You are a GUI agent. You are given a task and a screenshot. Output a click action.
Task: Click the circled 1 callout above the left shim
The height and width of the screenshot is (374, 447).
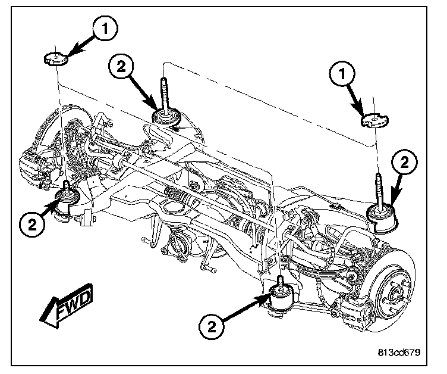click(105, 29)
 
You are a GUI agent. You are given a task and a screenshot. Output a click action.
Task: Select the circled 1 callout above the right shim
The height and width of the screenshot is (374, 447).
click(342, 74)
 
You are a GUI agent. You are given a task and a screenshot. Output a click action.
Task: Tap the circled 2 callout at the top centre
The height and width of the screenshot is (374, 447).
click(121, 67)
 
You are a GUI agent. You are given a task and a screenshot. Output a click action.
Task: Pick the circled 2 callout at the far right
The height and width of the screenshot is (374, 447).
click(404, 163)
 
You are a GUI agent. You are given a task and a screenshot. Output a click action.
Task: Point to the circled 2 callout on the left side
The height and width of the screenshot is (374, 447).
click(32, 225)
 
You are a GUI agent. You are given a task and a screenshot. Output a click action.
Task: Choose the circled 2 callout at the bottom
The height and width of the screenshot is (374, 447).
click(211, 326)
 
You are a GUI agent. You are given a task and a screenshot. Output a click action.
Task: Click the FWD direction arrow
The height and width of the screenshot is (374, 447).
click(66, 306)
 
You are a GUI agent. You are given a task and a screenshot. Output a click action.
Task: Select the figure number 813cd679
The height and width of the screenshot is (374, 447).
click(399, 353)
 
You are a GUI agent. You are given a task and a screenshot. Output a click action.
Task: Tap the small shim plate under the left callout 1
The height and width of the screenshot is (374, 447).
click(56, 59)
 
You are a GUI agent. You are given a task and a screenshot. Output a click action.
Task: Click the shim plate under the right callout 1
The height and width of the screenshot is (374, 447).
click(374, 120)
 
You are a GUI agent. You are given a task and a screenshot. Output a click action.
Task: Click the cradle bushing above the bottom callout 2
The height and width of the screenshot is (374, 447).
click(281, 300)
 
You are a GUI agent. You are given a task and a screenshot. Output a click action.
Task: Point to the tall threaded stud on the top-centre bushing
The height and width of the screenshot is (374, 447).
click(165, 96)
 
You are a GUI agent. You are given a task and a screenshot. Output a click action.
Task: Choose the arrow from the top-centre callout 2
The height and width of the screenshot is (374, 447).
click(144, 92)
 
